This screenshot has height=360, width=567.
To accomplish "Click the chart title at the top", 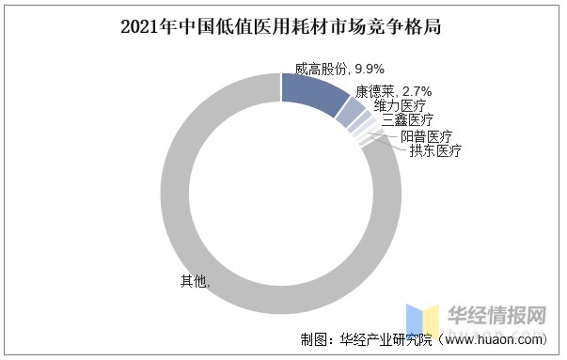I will [x=283, y=27].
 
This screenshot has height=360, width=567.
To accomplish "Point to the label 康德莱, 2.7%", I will [x=393, y=91].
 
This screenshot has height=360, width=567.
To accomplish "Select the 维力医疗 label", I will [x=400, y=105].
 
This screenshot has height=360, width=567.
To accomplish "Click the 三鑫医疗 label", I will [x=407, y=120].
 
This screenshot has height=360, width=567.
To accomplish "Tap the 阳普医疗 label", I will [x=426, y=136].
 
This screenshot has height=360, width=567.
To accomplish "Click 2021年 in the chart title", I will [x=144, y=27].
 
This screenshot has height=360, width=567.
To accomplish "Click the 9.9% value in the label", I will [x=370, y=68].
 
